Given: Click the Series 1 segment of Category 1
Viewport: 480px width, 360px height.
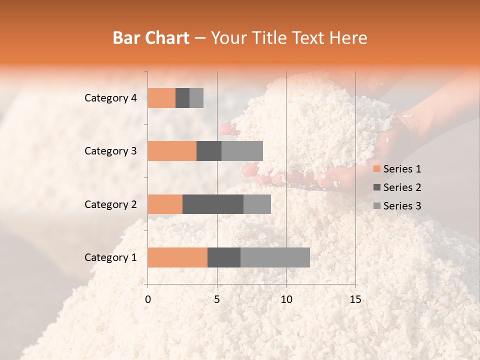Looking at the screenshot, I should point(177,257).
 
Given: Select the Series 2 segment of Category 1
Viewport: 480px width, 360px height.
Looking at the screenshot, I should point(224,257).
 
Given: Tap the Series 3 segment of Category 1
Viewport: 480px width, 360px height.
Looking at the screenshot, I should point(275,257).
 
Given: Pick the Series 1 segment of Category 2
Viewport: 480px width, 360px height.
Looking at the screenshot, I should point(165,204).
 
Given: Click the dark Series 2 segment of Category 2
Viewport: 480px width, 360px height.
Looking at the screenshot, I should point(213,204).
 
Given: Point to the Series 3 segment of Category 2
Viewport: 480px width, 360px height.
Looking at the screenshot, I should point(257,204).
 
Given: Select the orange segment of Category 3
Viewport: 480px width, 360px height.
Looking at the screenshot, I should point(172,151).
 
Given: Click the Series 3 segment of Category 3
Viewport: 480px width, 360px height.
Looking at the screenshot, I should point(242,151).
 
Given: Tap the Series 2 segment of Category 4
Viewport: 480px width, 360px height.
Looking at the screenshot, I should point(182,98).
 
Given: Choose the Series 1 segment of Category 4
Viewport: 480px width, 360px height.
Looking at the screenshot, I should point(161,98).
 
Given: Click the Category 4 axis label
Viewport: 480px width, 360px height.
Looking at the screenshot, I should point(110,98).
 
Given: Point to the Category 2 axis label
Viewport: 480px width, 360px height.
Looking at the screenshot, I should point(110,204).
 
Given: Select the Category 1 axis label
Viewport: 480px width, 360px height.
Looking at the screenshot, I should point(110,257).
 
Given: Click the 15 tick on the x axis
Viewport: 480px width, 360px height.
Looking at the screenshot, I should point(355,299).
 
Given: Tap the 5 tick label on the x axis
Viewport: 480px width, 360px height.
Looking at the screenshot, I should point(217,299).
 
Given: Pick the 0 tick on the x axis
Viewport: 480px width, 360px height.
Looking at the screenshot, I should point(148,299).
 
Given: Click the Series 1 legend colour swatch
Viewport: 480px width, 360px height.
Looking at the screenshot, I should point(376,169).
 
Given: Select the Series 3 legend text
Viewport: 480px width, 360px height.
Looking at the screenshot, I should point(402,206).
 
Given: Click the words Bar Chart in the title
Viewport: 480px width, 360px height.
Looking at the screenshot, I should point(151,38).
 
